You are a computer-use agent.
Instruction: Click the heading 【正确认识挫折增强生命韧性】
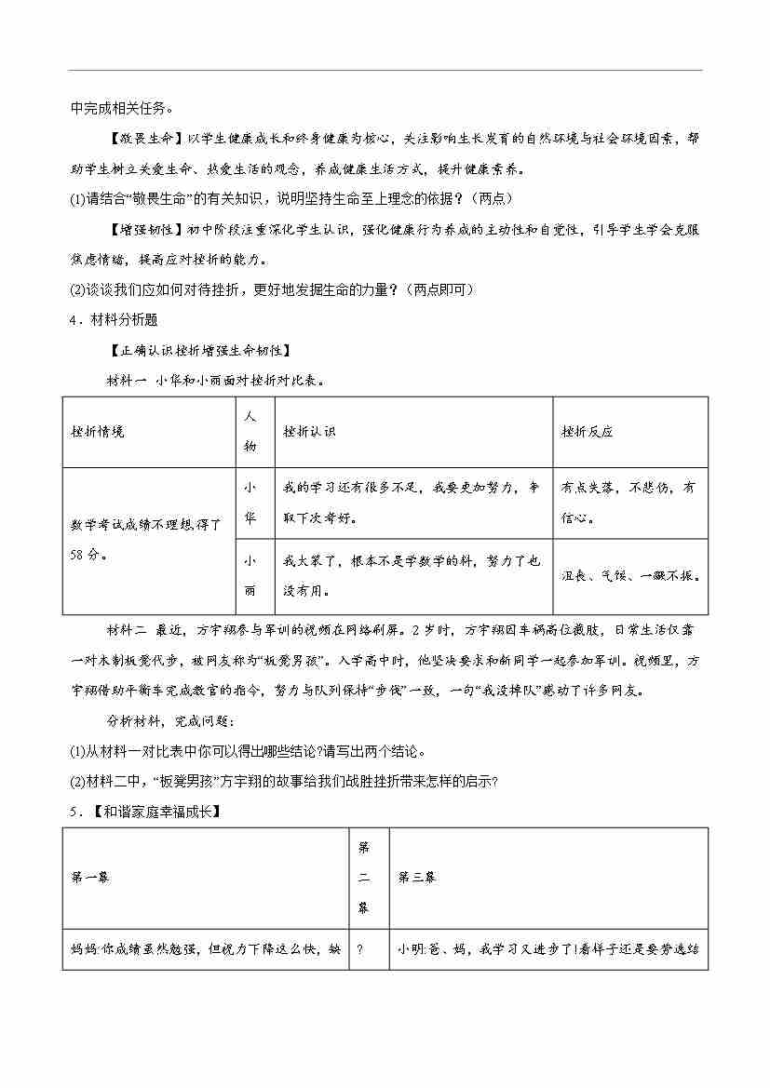coord(199,350)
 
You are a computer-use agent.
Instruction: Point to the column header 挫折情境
coord(98,432)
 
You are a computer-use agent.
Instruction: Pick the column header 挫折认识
coord(310,432)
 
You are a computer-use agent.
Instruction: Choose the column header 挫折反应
coord(588,432)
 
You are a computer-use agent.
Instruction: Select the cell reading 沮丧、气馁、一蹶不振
coord(630,576)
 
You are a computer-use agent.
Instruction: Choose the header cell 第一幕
coord(90,877)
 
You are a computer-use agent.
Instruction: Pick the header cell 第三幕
coord(416,877)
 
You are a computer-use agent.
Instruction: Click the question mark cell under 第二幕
coord(359,950)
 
